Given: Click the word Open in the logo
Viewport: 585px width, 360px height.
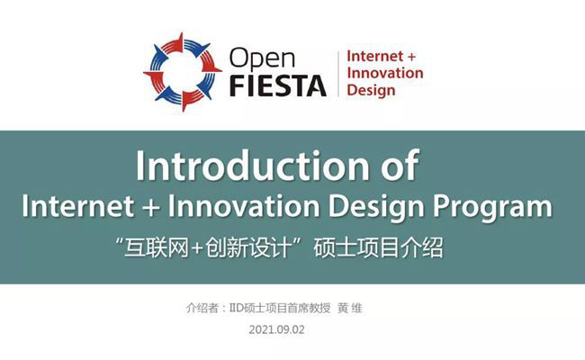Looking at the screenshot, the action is pyautogui.click(x=262, y=59).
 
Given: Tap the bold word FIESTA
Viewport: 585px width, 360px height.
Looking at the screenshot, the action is pyautogui.click(x=278, y=85).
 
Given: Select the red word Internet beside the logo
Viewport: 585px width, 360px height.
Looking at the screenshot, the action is pyautogui.click(x=374, y=57).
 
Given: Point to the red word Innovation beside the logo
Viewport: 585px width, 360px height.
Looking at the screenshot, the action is pyautogui.click(x=385, y=73).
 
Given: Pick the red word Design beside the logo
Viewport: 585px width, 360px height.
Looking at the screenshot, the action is pyautogui.click(x=371, y=91).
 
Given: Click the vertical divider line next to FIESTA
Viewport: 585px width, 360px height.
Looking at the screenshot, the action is pyautogui.click(x=338, y=74).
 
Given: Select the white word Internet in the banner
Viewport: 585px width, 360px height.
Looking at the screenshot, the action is pyautogui.click(x=78, y=206).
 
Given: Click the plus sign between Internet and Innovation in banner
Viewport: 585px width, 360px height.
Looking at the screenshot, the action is pyautogui.click(x=151, y=207).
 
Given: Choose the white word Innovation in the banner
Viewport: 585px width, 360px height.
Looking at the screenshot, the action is pyautogui.click(x=244, y=206).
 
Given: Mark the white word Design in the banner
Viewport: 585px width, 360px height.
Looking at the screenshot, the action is pyautogui.click(x=376, y=208).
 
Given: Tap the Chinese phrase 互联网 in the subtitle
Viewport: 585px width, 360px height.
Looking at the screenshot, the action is pyautogui.click(x=157, y=247).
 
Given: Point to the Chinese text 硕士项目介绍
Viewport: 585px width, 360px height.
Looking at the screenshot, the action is pyautogui.click(x=378, y=247).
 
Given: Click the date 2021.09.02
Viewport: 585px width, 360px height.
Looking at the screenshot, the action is pyautogui.click(x=277, y=329).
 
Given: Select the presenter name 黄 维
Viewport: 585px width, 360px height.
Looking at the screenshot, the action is pyautogui.click(x=349, y=308).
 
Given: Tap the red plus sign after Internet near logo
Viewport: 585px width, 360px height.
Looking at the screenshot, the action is pyautogui.click(x=410, y=57).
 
